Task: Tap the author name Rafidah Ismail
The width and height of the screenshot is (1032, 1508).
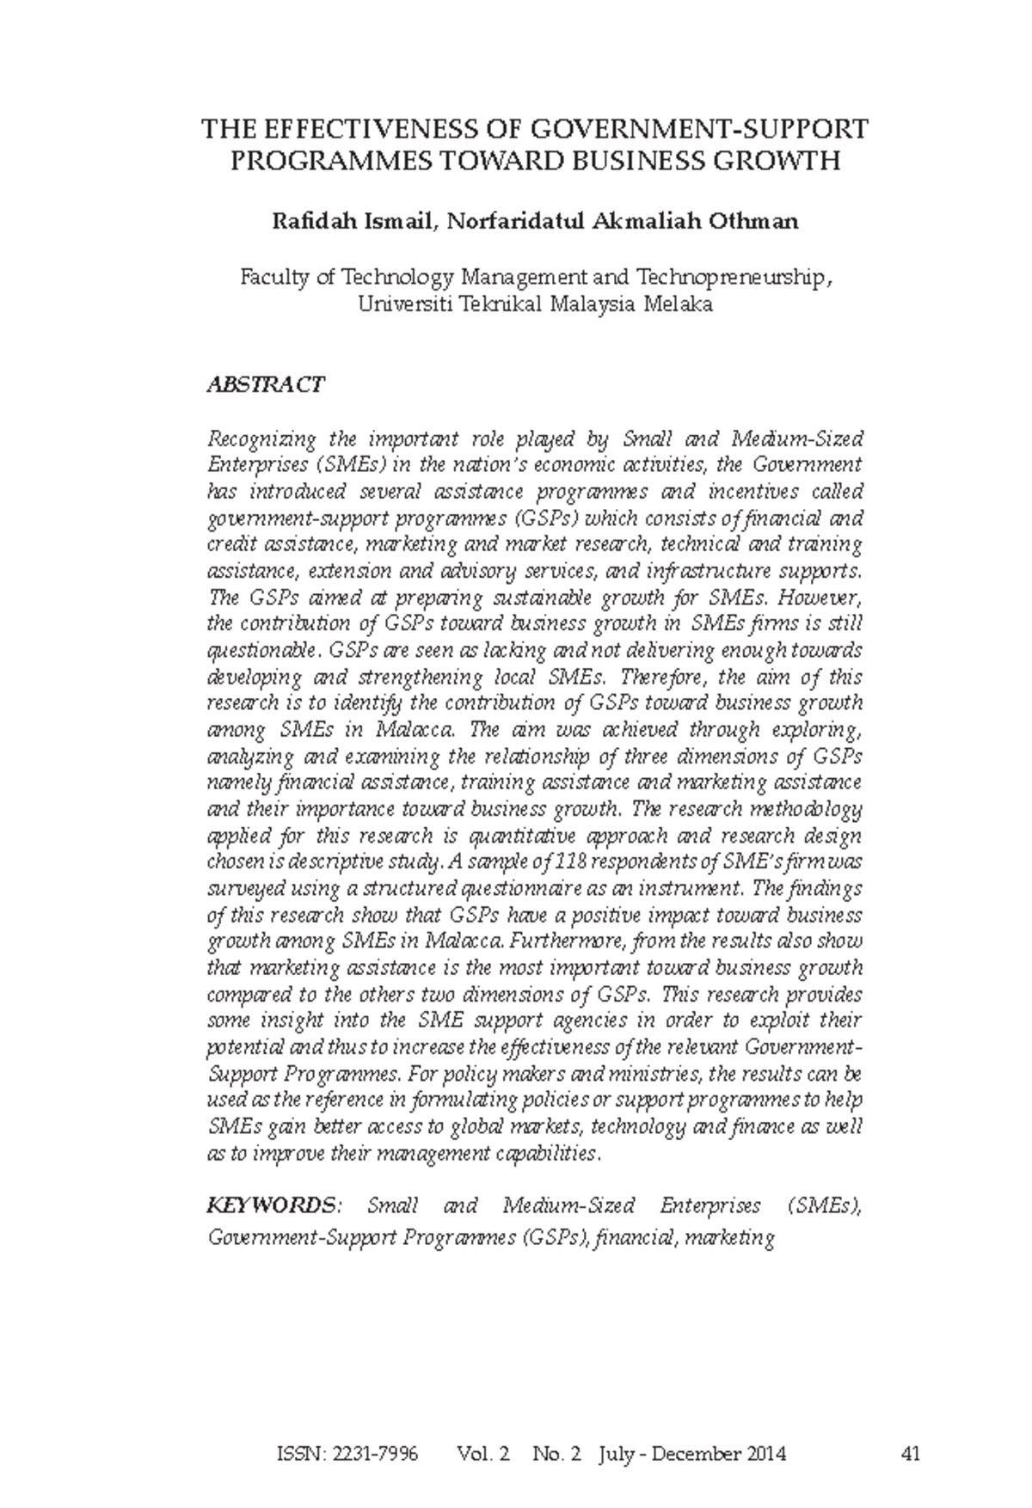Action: pos(353,222)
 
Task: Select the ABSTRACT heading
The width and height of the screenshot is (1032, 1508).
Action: pos(265,384)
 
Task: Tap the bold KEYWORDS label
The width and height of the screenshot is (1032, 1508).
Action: pos(273,1205)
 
